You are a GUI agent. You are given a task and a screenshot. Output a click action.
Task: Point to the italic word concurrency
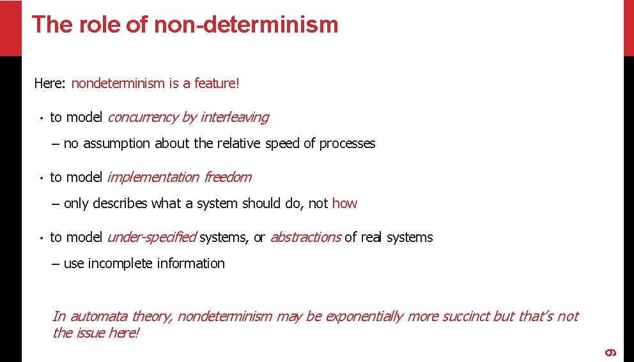(142, 117)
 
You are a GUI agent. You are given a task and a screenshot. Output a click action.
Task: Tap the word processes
(347, 144)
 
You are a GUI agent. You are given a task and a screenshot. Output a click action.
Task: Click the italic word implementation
(153, 177)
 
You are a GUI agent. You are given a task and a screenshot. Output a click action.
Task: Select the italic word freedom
(228, 177)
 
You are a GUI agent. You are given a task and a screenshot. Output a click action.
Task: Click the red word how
(344, 204)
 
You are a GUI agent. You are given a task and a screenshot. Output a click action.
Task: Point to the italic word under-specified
(151, 238)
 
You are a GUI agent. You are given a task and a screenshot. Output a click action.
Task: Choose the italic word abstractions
(305, 238)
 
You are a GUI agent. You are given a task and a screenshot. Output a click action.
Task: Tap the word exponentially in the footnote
(364, 316)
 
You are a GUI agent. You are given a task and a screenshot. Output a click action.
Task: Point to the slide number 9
(610, 352)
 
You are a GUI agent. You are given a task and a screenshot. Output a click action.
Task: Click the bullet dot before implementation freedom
(40, 178)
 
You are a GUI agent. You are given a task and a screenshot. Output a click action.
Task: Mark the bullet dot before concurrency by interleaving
(40, 118)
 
